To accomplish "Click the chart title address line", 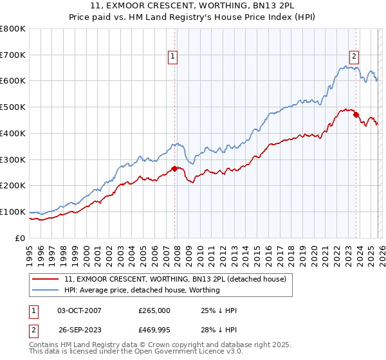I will pos(192,6).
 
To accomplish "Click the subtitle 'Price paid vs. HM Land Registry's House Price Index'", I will pos(192,17).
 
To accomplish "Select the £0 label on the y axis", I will pos(19,238).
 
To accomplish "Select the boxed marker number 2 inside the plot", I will pos(354,55).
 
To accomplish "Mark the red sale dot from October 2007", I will pos(174,169).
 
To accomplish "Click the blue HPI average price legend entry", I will pos(142,290).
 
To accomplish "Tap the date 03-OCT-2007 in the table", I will pos(79,310).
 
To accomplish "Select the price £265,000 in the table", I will pos(154,310).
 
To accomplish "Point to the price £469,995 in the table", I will pos(154,329).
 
